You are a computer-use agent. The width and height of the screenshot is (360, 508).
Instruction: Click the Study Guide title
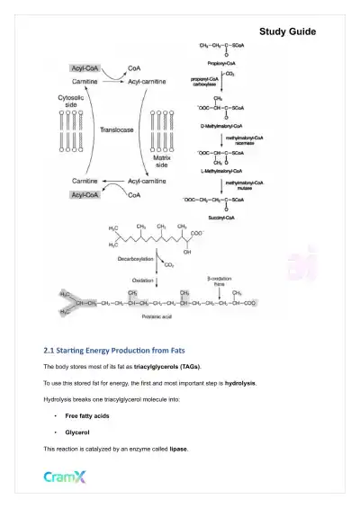(287, 31)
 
